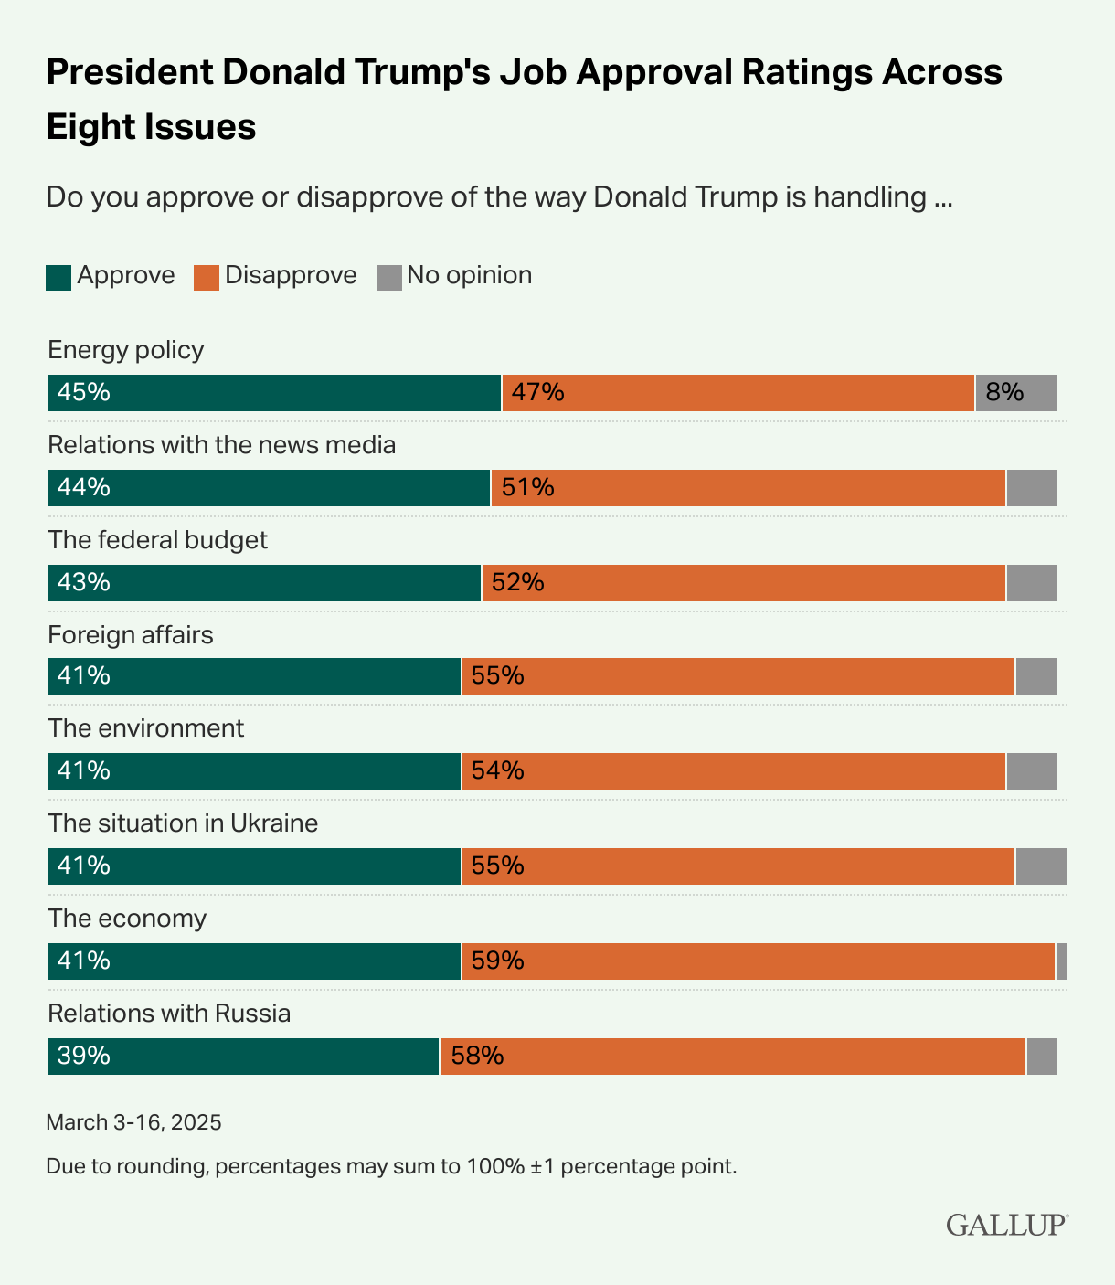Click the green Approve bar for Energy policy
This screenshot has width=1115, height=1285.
tap(274, 393)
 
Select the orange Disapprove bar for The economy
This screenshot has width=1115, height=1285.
tap(759, 961)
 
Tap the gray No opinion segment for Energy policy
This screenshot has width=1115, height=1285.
tap(1015, 393)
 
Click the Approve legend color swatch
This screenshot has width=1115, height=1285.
tap(58, 277)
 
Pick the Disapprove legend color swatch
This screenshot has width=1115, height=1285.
tap(207, 277)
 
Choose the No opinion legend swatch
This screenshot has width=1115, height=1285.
tap(389, 277)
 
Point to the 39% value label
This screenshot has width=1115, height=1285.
tap(83, 1057)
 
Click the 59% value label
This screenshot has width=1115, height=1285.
tap(498, 961)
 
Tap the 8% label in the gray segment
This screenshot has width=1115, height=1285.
tap(1004, 393)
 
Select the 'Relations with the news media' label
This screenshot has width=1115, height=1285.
tap(222, 445)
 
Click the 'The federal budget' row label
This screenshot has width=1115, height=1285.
tap(158, 540)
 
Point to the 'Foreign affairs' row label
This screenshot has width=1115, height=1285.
tap(131, 635)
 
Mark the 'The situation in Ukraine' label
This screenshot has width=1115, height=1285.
tap(183, 823)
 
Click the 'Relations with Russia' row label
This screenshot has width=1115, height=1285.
tap(169, 1014)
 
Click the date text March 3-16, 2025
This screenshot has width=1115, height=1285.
tap(134, 1122)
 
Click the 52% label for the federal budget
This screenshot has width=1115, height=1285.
tap(518, 583)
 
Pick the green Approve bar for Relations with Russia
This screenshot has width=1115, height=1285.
tap(243, 1057)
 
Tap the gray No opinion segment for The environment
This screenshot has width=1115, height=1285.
tap(1031, 771)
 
